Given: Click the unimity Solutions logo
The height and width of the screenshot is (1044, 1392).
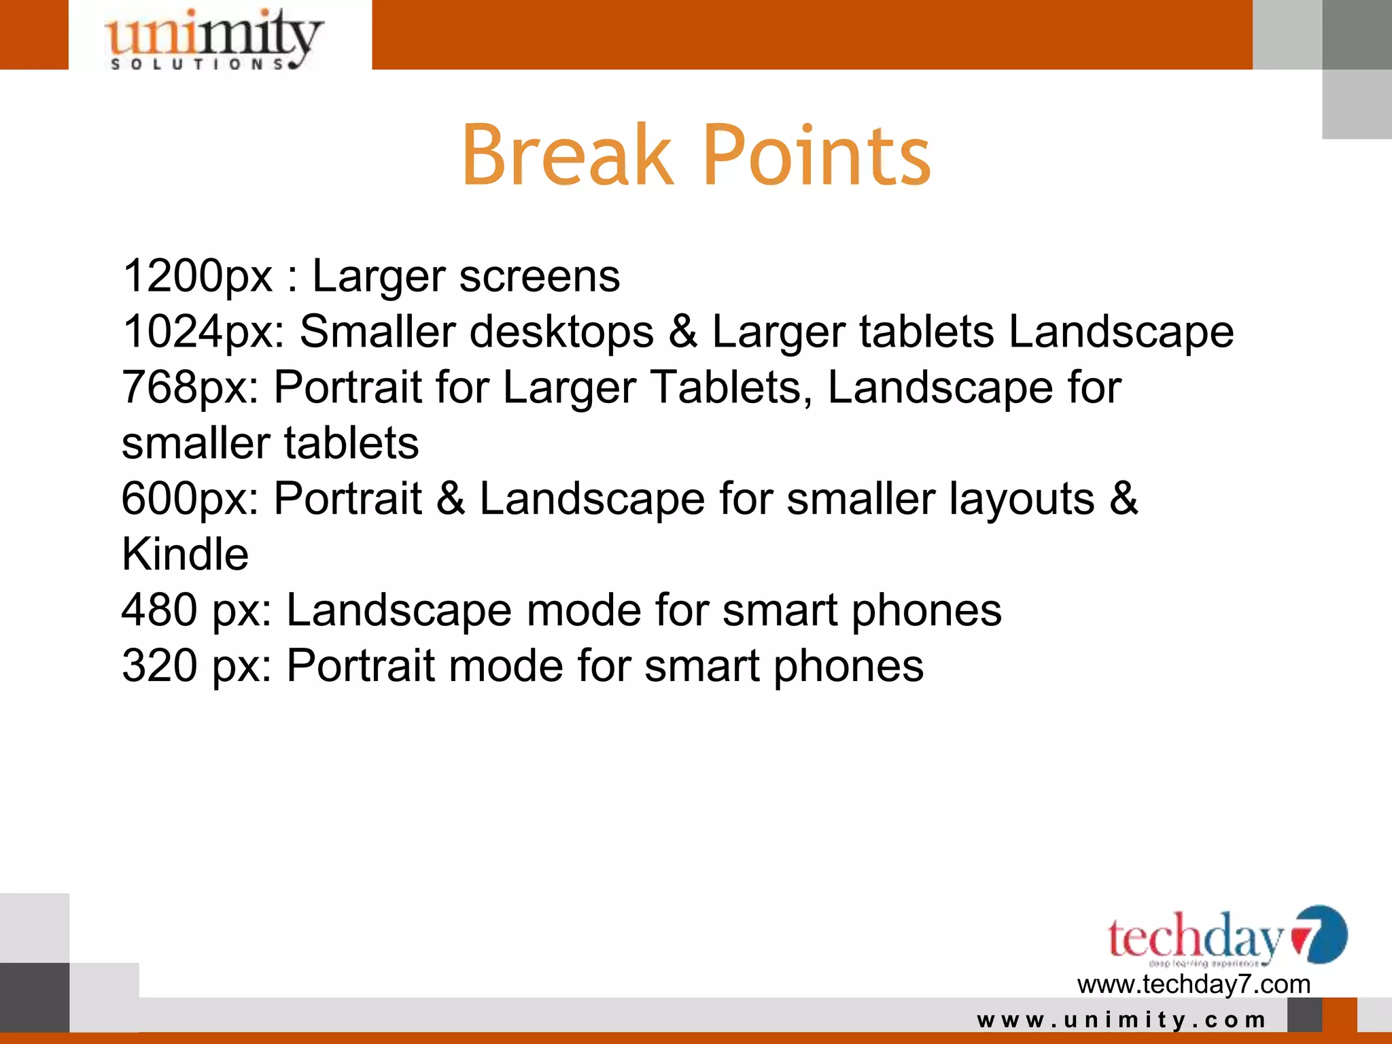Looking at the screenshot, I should coord(213,38).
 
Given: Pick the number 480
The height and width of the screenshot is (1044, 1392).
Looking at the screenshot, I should coord(159,609).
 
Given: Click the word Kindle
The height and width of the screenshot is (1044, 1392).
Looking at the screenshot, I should coord(185,554).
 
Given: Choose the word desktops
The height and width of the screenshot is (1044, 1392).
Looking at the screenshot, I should coord(561,332).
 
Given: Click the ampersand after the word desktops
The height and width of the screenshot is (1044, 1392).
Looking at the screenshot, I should coord(682,332).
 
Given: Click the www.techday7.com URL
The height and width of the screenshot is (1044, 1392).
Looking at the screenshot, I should coord(1194,984).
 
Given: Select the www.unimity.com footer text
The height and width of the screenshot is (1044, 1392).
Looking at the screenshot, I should coord(1121,1020).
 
